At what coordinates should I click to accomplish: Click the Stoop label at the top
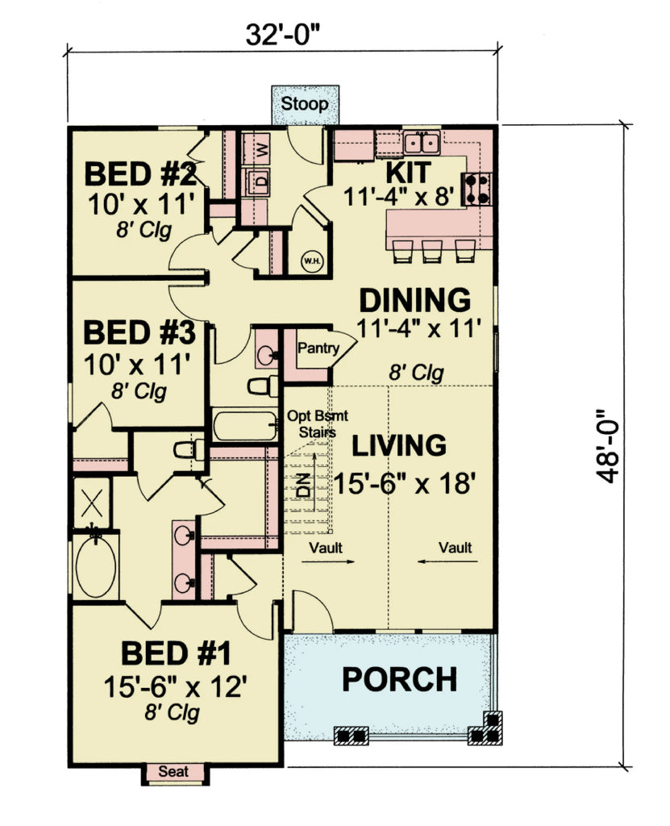305,105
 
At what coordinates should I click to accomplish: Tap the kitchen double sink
422,144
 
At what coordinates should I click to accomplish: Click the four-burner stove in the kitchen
477,187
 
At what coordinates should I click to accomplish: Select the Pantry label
317,348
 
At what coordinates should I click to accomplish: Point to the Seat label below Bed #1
174,771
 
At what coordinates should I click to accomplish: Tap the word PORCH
398,678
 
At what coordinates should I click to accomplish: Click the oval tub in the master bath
96,568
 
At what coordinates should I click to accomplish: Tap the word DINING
414,299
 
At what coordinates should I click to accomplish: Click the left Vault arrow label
326,548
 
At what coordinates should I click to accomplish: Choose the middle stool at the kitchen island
432,251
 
